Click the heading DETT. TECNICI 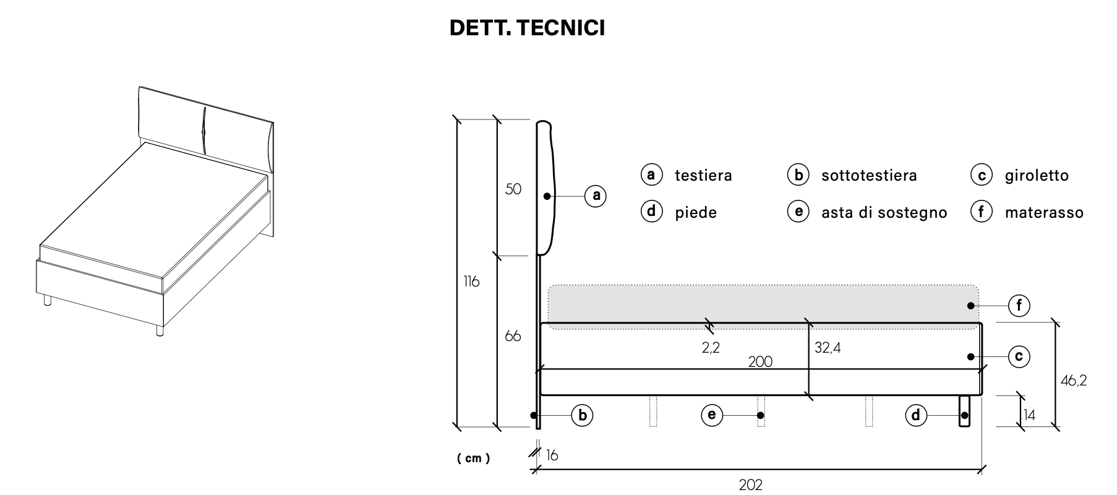(527, 28)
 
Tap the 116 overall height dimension (471, 282)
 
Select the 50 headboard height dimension (513, 189)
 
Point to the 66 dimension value (513, 336)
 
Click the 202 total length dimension (751, 484)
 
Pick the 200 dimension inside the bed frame (760, 362)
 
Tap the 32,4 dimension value (828, 348)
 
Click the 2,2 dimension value (711, 348)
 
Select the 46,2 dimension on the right (1074, 381)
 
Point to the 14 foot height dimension (1029, 415)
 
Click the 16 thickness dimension (552, 455)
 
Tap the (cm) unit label (474, 458)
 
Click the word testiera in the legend (703, 176)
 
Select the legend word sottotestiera (869, 176)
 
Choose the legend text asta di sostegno (884, 213)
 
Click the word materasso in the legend (1044, 213)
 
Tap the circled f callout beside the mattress (1019, 305)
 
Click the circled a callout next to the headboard (596, 196)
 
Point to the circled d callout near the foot (916, 415)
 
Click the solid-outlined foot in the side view (964, 411)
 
